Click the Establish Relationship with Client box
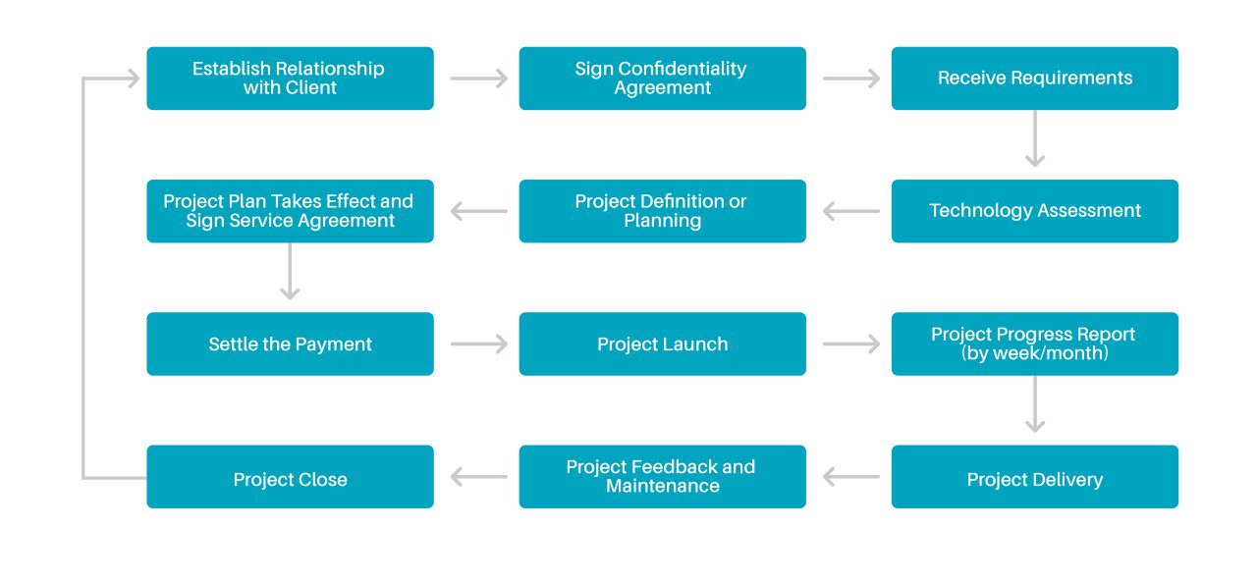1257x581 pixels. click(x=290, y=79)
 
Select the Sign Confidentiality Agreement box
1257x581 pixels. click(x=662, y=79)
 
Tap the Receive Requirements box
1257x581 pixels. click(x=1034, y=79)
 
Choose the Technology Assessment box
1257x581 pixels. click(x=1034, y=211)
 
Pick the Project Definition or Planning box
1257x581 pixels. click(x=662, y=211)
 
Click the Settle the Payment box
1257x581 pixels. click(x=290, y=344)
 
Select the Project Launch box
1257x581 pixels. click(x=662, y=344)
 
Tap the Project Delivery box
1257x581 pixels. click(x=1034, y=478)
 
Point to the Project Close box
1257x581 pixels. click(x=290, y=478)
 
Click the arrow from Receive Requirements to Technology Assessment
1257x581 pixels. click(x=1034, y=138)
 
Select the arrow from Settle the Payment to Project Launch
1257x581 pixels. click(x=479, y=344)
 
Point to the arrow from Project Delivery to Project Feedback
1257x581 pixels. click(x=851, y=478)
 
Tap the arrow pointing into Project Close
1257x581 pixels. click(x=479, y=478)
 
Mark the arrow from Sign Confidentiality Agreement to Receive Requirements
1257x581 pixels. click(x=851, y=79)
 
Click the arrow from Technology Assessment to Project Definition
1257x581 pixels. click(x=851, y=211)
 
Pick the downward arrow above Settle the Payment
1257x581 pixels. click(x=290, y=271)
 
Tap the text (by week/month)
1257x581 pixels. click(x=1035, y=353)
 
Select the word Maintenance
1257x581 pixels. click(x=663, y=487)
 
